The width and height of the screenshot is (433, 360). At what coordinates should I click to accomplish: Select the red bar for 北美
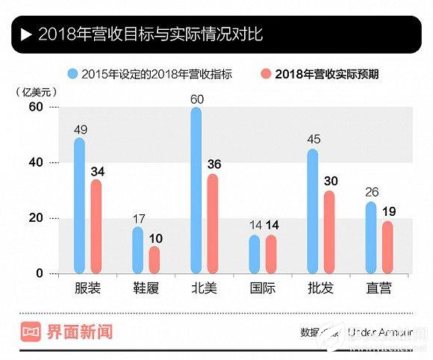(213, 223)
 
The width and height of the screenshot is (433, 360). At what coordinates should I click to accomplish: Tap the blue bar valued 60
(196, 190)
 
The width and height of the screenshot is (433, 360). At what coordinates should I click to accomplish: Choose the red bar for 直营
(387, 246)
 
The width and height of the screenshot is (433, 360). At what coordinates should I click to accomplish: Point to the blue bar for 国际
(255, 254)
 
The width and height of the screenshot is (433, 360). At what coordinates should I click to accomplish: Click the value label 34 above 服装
(96, 171)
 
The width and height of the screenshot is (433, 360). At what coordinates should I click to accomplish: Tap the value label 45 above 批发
(313, 140)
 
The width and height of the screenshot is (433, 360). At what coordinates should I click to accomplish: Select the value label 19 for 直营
(387, 212)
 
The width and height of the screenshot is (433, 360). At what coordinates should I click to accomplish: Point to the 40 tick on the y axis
(35, 163)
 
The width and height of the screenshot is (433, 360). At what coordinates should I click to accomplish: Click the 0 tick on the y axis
(39, 274)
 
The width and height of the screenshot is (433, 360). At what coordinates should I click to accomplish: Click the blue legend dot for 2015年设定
(72, 73)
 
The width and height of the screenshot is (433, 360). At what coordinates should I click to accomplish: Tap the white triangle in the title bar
(26, 34)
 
